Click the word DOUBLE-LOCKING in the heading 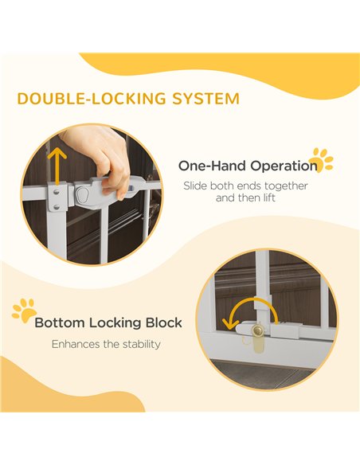[x=92, y=99]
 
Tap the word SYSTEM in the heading [x=206, y=99]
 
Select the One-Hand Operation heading [x=248, y=166]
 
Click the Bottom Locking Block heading [x=108, y=322]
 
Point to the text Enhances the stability [x=106, y=344]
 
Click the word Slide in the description [x=195, y=186]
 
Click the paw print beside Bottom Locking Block [x=25, y=311]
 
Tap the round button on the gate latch [x=83, y=194]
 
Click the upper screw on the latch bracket [x=57, y=193]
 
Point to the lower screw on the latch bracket [x=57, y=207]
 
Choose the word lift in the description [x=269, y=197]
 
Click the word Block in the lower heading [x=164, y=322]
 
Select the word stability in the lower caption [x=142, y=344]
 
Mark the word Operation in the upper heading [x=284, y=166]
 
